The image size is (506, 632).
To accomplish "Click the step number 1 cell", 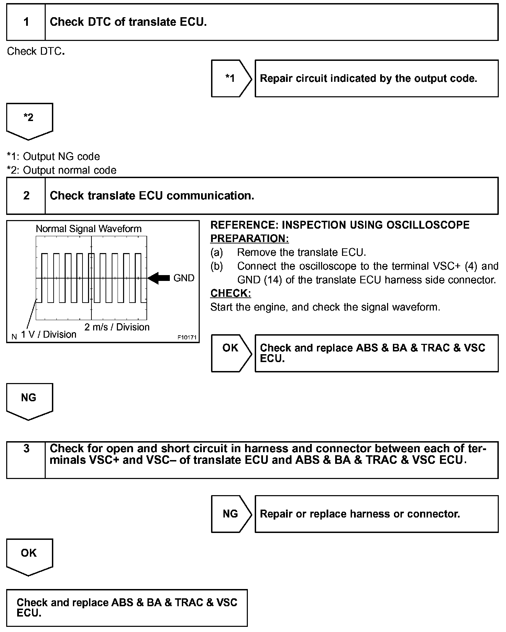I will pyautogui.click(x=26, y=22).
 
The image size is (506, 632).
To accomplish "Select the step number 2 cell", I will pyautogui.click(x=26, y=196).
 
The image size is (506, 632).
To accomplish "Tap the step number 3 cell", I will pyautogui.click(x=26, y=460).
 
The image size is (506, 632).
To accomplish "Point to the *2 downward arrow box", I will pyautogui.click(x=29, y=120).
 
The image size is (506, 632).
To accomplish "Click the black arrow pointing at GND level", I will pyautogui.click(x=159, y=278).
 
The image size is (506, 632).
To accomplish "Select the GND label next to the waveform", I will pyautogui.click(x=184, y=278).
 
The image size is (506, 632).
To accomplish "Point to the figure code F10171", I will pyautogui.click(x=187, y=338).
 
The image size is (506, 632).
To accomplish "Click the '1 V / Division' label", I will pyautogui.click(x=48, y=334).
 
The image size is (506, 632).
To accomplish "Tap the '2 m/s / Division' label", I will pyautogui.click(x=117, y=327).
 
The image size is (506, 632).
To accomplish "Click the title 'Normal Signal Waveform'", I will pyautogui.click(x=89, y=229).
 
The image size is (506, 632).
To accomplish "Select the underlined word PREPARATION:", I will pyautogui.click(x=250, y=238).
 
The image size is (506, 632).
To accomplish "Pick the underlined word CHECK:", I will pyautogui.click(x=231, y=293).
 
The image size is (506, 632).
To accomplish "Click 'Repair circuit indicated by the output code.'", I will pyautogui.click(x=368, y=78).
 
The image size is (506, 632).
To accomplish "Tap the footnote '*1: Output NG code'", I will pyautogui.click(x=53, y=156).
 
